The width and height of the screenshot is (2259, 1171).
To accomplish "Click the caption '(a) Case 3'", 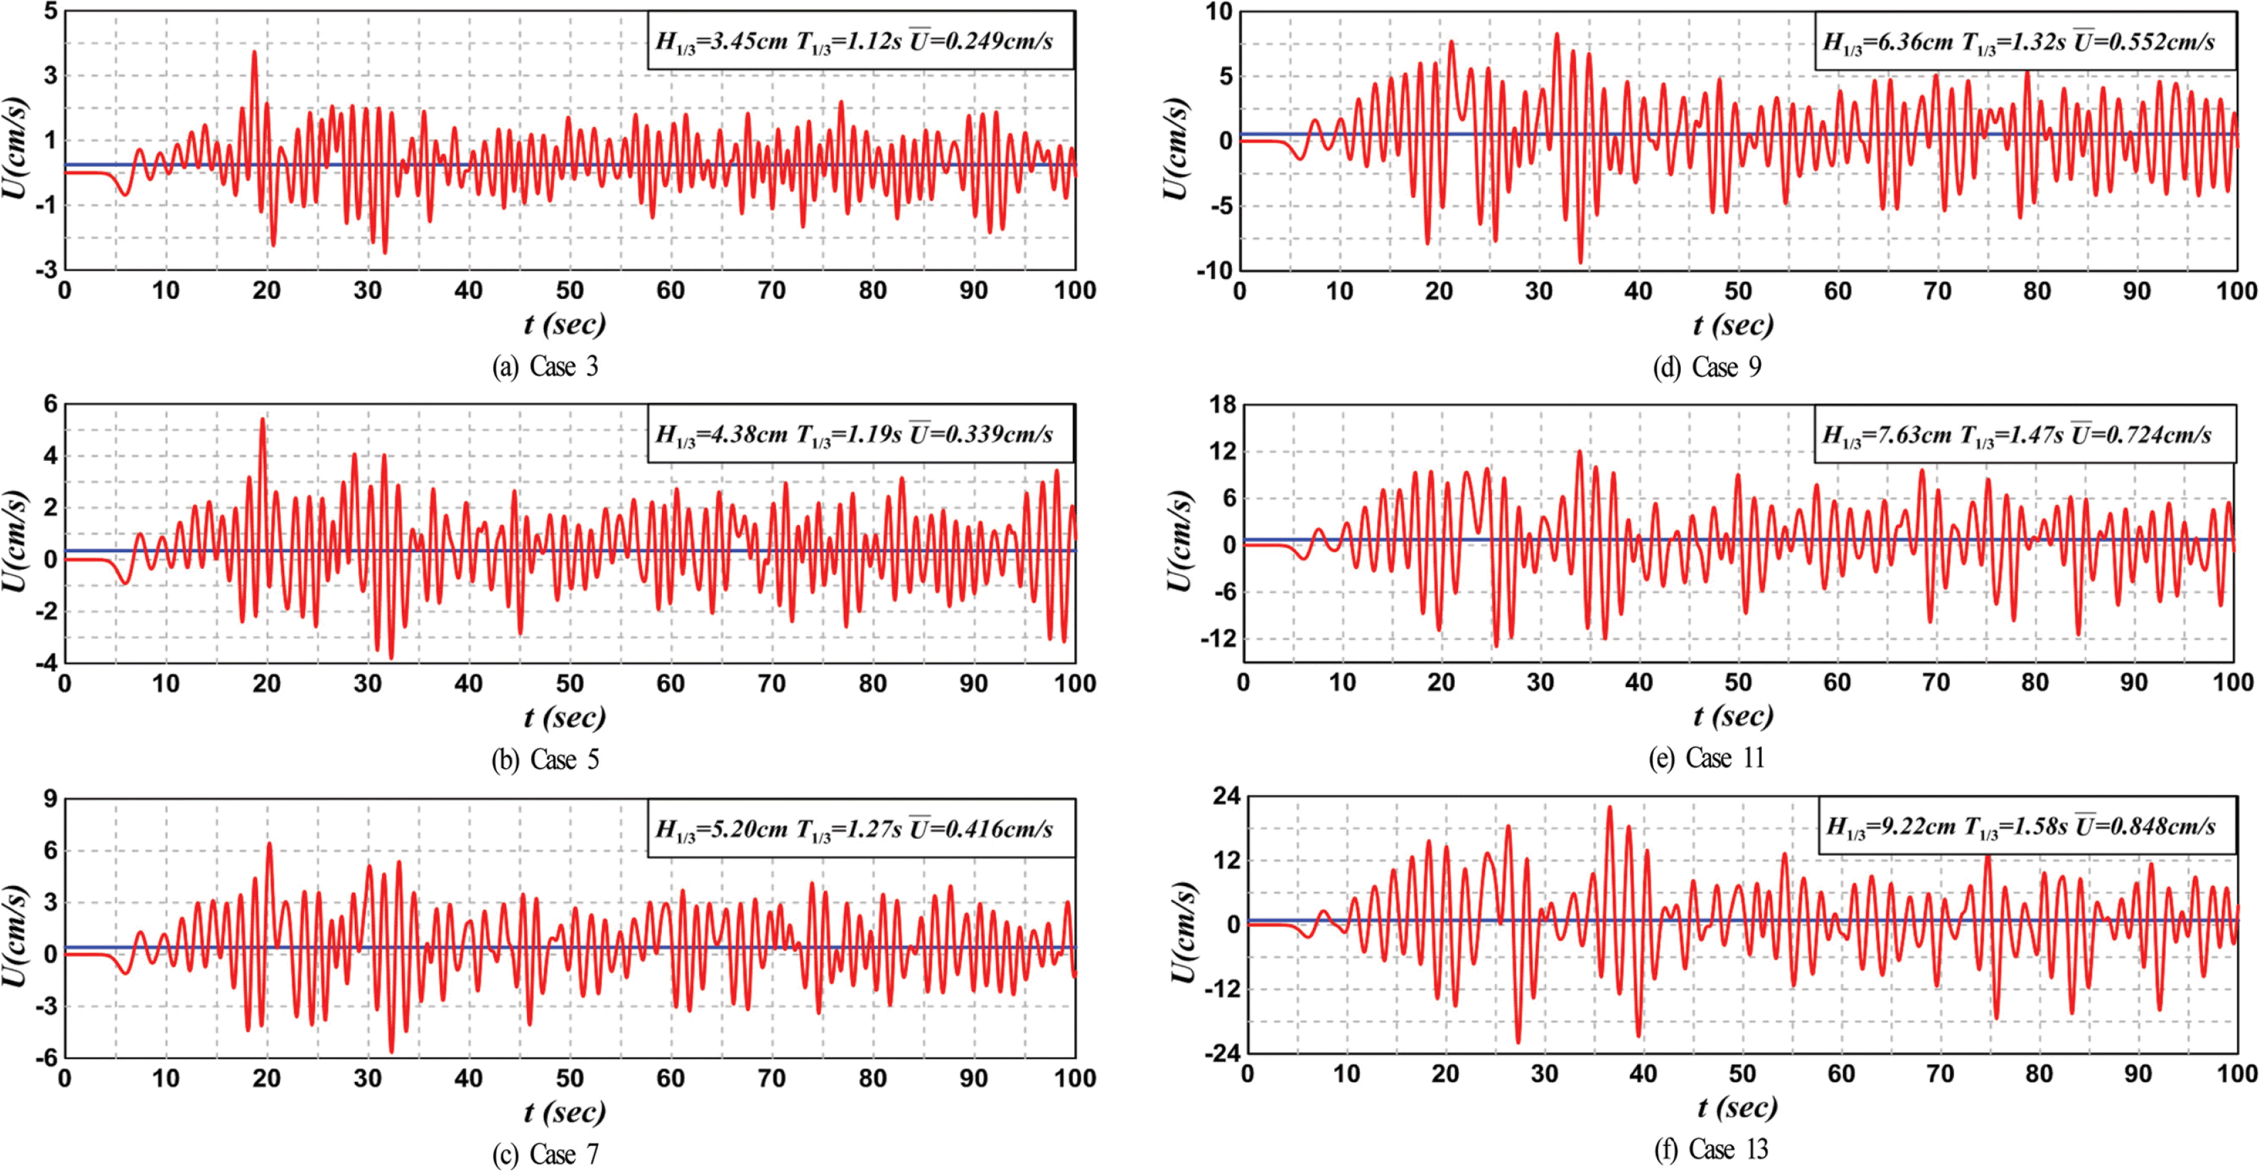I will [545, 366].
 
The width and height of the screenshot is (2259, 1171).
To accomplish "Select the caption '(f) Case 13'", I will [1711, 1149].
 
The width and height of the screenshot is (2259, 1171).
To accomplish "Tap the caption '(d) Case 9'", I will [1707, 366].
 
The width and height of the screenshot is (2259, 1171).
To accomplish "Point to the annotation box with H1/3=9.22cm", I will [2028, 826].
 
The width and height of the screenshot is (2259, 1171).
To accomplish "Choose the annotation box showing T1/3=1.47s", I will [2025, 434].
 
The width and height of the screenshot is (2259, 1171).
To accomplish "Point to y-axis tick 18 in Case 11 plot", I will [1221, 404].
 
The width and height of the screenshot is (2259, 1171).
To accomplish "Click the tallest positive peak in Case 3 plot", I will [254, 52].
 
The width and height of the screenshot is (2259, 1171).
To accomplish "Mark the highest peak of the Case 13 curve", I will [1609, 807].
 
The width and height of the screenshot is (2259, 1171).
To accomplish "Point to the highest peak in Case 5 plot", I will [263, 419].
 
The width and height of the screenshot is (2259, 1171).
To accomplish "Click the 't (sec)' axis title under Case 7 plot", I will [565, 1112].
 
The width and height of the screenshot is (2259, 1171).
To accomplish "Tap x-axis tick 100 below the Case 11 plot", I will [2233, 683].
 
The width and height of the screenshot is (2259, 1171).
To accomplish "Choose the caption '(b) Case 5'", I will [545, 759].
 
